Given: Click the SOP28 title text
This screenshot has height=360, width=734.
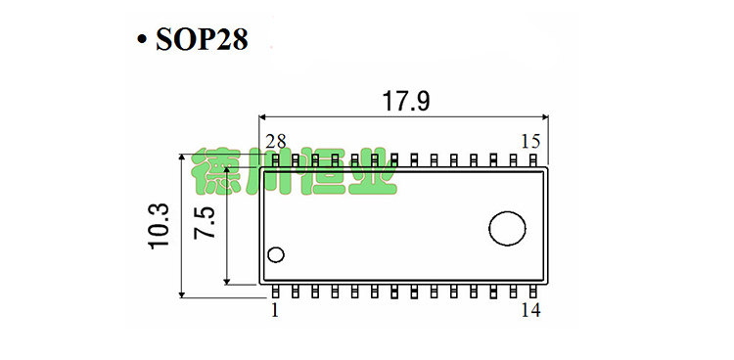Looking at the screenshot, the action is tap(202, 39).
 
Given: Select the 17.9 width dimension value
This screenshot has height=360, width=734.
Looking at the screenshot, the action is tap(406, 101).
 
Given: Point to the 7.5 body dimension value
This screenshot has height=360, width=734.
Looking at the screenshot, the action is tap(205, 223).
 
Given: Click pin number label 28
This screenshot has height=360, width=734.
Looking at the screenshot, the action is tap(276, 141).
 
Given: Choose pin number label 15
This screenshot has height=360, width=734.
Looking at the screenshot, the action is tap(530, 141).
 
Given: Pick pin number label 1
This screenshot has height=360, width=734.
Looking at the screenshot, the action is tap(274, 310).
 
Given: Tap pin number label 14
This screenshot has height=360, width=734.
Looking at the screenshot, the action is tap(530, 310).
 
